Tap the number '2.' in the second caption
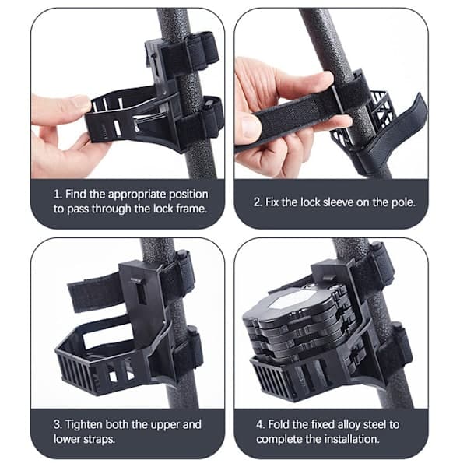(x=258, y=202)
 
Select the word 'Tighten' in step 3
(x=83, y=424)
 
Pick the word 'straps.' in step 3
(x=99, y=439)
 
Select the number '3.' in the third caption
(x=58, y=424)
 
